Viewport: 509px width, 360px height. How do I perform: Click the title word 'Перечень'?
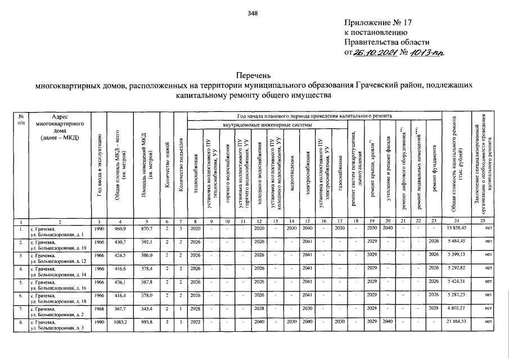tap(254, 75)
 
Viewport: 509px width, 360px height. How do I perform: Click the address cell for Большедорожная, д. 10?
tap(59, 245)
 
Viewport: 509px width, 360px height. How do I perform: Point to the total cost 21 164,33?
tap(458, 322)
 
